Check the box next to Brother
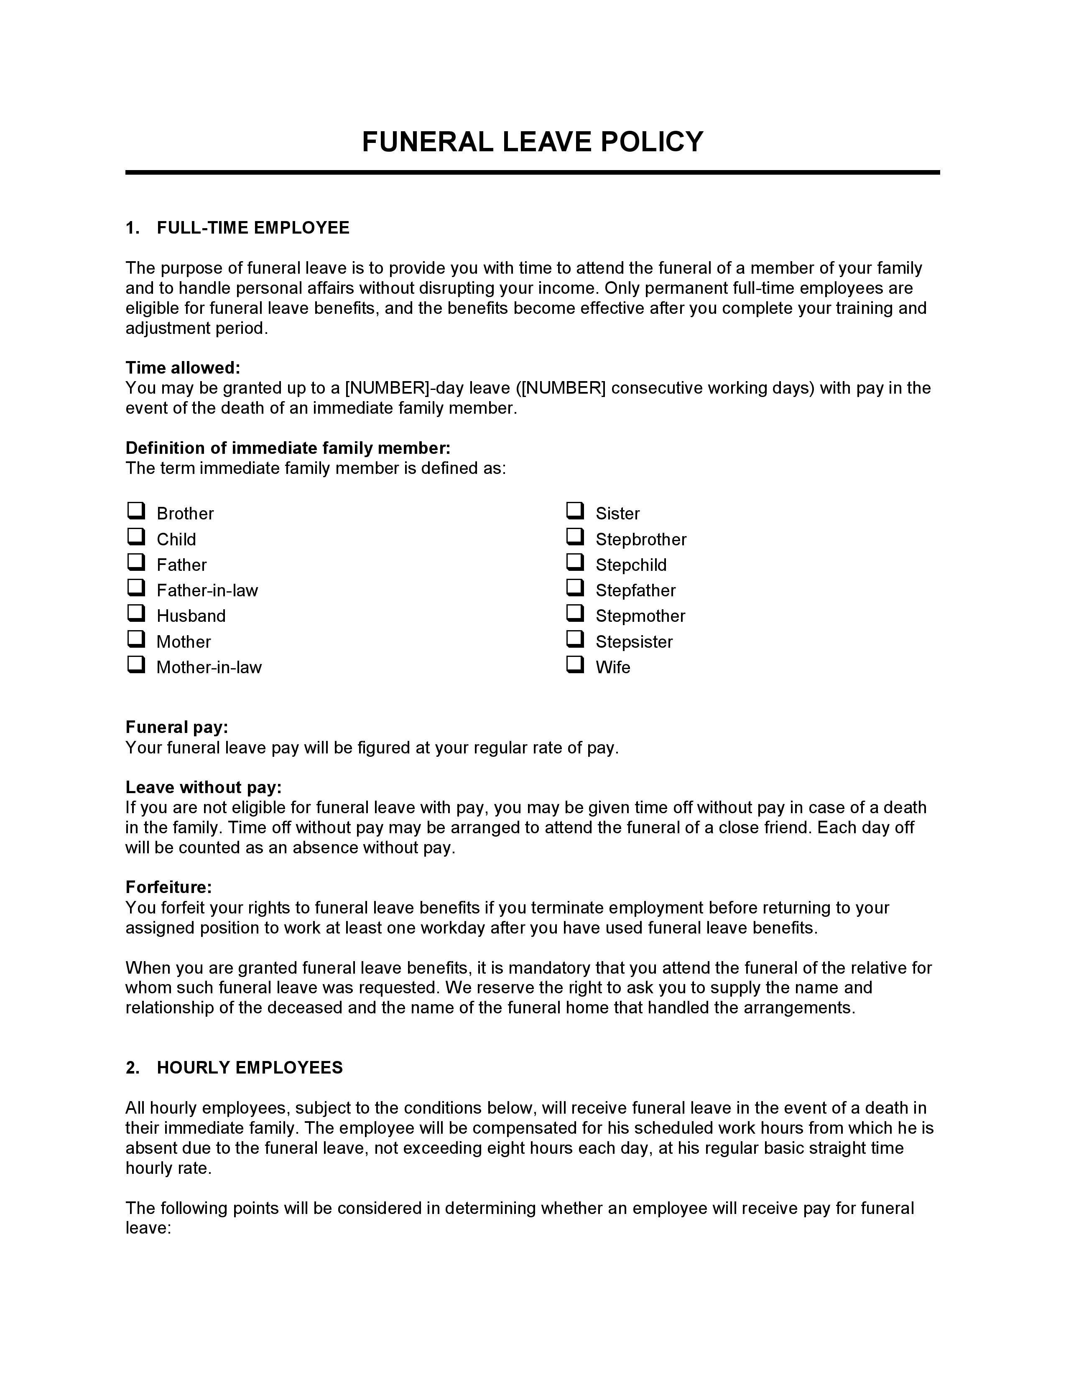click(136, 510)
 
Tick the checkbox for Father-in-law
click(136, 587)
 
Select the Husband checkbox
click(136, 613)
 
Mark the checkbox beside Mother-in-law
click(136, 664)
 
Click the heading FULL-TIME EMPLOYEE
click(252, 228)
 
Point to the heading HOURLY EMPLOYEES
click(250, 1068)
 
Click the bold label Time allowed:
click(183, 367)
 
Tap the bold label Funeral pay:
click(177, 728)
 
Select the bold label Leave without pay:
click(203, 787)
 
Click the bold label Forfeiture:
click(168, 887)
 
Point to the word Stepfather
click(635, 590)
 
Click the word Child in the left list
click(176, 539)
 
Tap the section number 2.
click(132, 1068)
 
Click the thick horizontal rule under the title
click(532, 172)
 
